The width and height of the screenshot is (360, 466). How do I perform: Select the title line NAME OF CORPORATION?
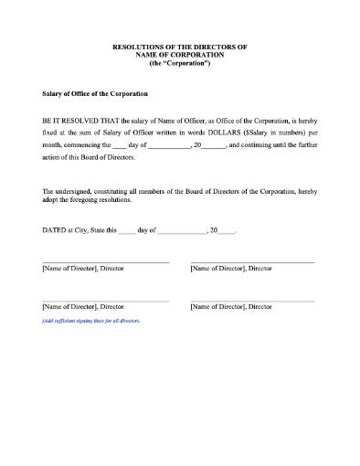(180, 53)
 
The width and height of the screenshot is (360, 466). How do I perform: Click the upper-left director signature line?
(105, 263)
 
